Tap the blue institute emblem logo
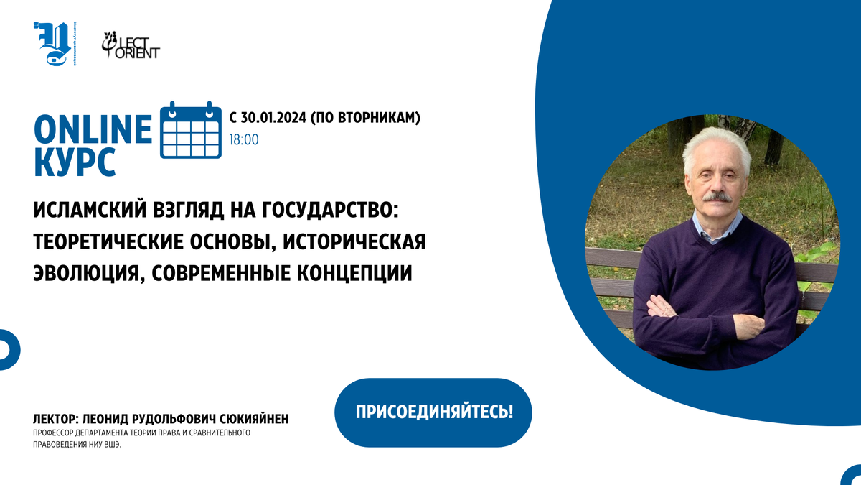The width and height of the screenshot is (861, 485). point(55,45)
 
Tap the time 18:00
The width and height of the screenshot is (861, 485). point(244,139)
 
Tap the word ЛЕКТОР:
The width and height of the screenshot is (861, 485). point(57,419)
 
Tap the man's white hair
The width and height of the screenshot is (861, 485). point(714,140)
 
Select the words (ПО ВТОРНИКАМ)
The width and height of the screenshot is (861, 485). point(366,116)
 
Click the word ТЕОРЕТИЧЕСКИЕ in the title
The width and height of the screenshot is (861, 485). point(107,242)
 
